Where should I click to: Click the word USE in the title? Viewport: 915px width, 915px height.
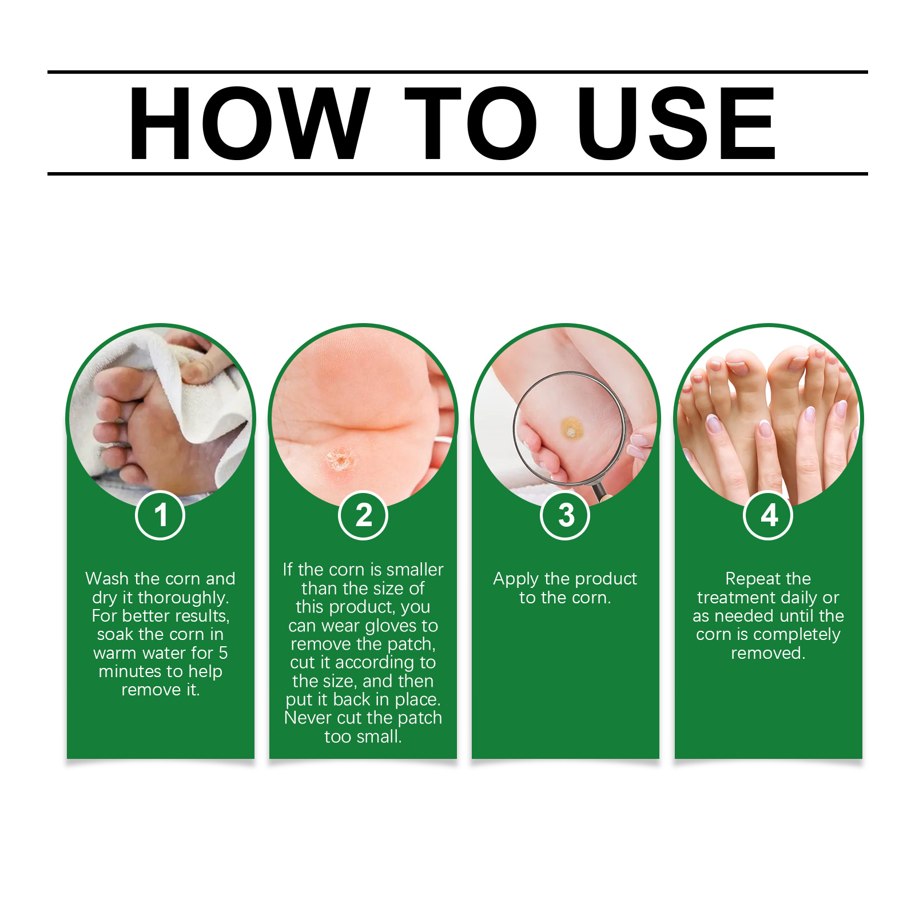[x=677, y=123]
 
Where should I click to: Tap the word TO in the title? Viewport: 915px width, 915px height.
[x=471, y=123]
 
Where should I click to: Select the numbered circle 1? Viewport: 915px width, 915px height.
[x=160, y=515]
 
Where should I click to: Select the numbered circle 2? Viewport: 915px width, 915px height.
[x=363, y=515]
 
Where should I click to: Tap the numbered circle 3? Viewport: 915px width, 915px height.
[x=566, y=515]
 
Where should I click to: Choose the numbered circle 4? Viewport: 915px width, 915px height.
[x=769, y=515]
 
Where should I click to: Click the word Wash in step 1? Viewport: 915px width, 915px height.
[x=107, y=579]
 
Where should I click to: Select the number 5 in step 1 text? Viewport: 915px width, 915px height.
[x=223, y=653]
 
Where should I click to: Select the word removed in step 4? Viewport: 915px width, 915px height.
[x=768, y=653]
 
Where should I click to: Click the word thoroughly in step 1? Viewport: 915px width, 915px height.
[x=183, y=598]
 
